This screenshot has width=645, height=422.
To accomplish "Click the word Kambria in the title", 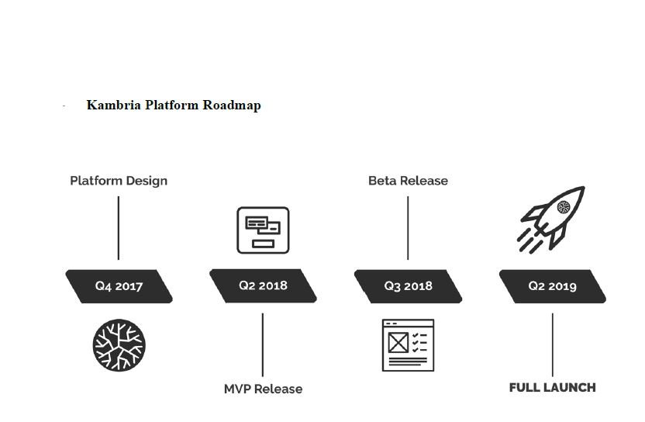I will click(113, 105).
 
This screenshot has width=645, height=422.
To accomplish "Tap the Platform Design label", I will click(119, 181).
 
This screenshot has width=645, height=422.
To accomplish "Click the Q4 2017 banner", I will click(119, 285).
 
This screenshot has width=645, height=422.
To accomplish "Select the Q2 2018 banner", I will click(263, 285).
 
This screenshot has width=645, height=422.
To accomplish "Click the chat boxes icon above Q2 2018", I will click(263, 230).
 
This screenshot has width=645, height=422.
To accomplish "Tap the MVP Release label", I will click(263, 389).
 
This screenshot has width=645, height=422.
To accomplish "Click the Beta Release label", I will click(408, 181).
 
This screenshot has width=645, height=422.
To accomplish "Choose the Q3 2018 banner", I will click(408, 285).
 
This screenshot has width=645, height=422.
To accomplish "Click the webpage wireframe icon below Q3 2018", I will click(408, 344).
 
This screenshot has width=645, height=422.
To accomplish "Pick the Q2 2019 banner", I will click(552, 285).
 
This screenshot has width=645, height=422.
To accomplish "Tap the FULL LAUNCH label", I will click(552, 387).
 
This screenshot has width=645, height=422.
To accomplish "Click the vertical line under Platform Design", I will click(119, 228).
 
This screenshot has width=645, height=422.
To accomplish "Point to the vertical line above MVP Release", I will click(263, 344).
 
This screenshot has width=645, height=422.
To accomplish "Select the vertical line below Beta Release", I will click(408, 228).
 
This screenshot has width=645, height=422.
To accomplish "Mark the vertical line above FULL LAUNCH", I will click(552, 344).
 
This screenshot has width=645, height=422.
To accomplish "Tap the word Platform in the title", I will click(171, 105).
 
